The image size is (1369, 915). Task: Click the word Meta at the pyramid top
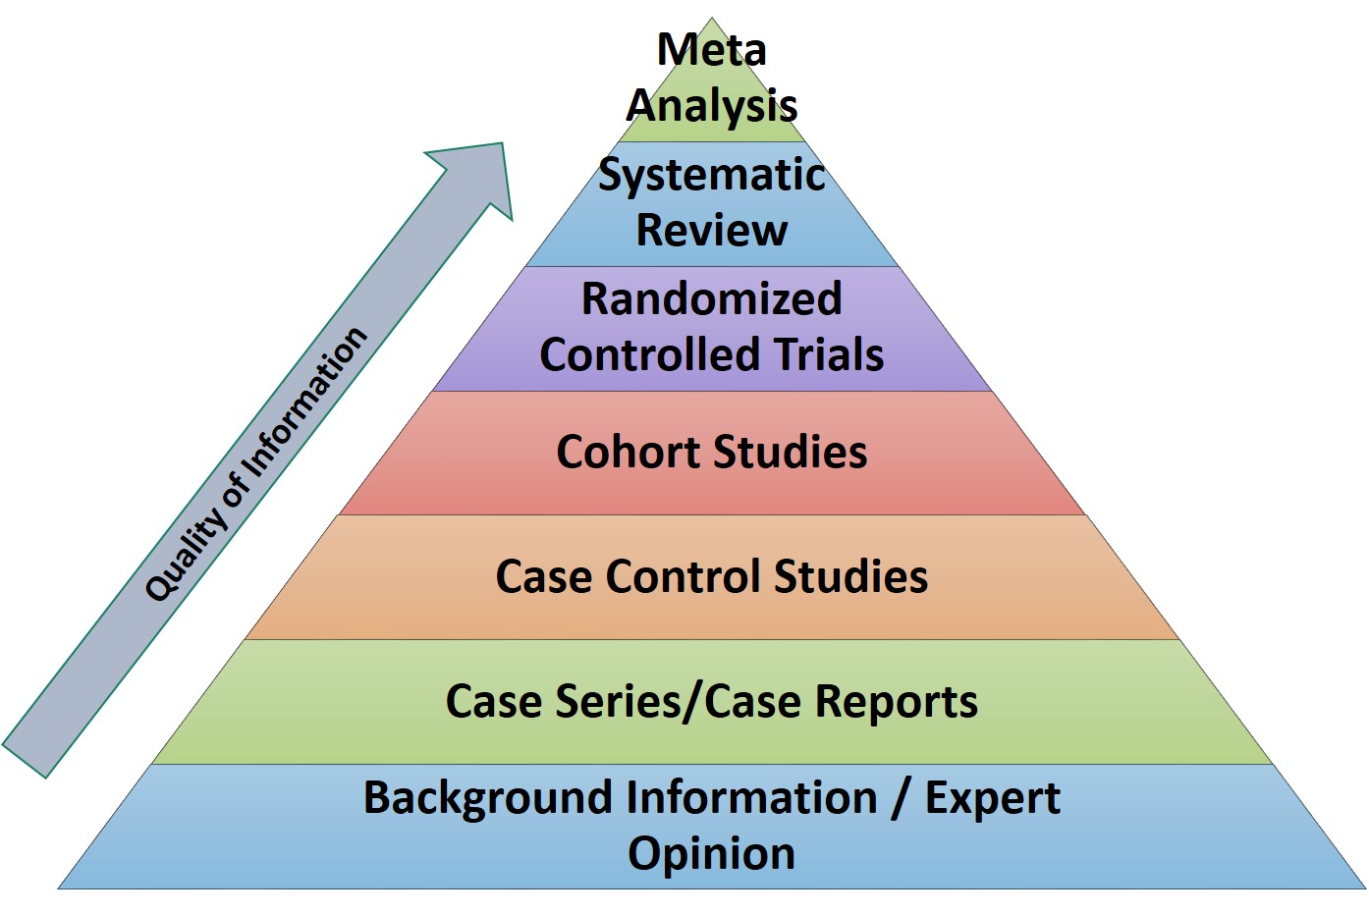click(x=711, y=49)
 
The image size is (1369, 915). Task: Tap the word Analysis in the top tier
click(x=711, y=105)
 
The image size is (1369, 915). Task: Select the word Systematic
click(x=711, y=175)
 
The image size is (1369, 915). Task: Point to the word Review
click(x=711, y=231)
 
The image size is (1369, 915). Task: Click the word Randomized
click(x=711, y=299)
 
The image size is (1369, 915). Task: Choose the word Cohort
click(x=628, y=452)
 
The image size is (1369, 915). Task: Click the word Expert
click(x=992, y=797)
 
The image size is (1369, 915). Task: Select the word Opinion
click(x=711, y=853)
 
